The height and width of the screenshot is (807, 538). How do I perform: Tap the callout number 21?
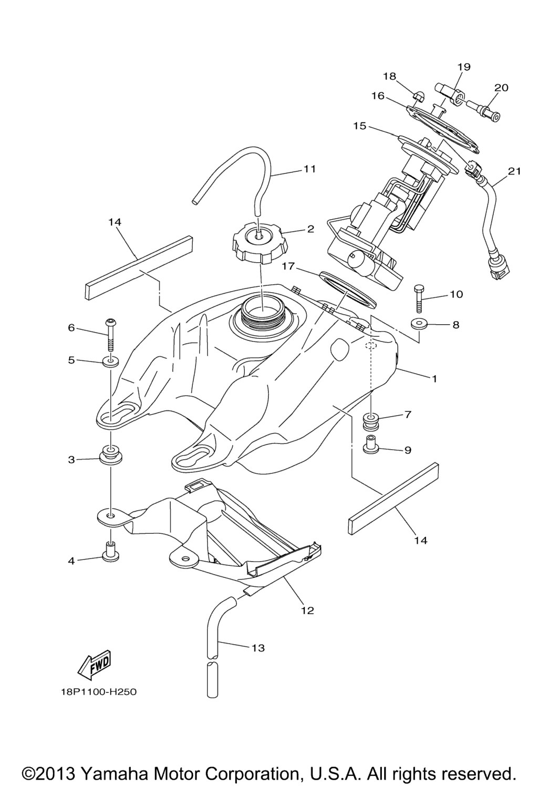point(514,171)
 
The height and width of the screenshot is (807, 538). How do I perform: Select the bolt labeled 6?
point(111,334)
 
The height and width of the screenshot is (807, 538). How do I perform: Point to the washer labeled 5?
point(110,361)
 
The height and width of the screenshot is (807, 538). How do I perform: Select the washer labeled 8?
point(419,324)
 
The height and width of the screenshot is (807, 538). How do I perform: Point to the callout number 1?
point(434,379)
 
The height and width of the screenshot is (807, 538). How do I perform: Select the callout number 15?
point(359,126)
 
